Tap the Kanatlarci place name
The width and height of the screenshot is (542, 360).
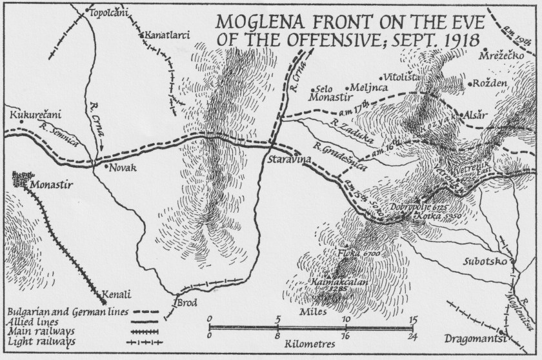pyautogui.click(x=167, y=35)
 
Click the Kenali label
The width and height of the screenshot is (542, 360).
pyautogui.click(x=117, y=295)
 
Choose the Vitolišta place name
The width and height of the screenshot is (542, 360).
pyautogui.click(x=403, y=77)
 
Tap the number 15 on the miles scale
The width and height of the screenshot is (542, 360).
pyautogui.click(x=413, y=318)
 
